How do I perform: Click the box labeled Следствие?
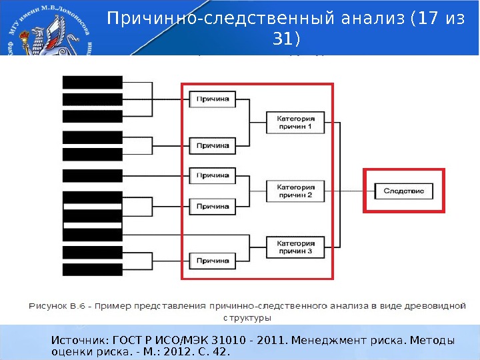404,191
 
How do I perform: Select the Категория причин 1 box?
295,122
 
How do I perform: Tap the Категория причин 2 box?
295,191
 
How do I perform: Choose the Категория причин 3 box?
295,247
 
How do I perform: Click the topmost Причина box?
213,99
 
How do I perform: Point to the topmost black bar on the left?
93,82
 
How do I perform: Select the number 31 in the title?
283,40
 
